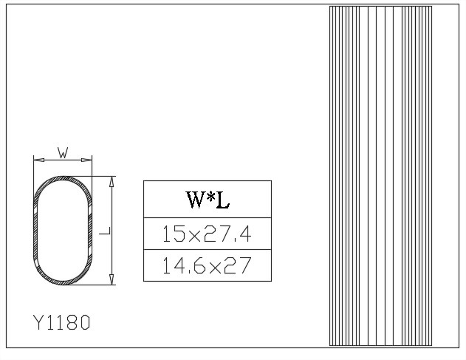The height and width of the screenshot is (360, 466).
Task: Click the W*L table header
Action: (x=208, y=200)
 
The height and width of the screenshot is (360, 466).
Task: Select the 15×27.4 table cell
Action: (x=208, y=234)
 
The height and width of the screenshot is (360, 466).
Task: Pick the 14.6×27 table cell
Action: (x=208, y=265)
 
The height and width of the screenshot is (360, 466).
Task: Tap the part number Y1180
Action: (x=62, y=322)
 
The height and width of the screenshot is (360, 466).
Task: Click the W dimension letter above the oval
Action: (x=63, y=152)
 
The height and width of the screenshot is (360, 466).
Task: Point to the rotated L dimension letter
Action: (x=105, y=231)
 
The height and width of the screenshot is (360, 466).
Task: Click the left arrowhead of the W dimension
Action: (x=39, y=160)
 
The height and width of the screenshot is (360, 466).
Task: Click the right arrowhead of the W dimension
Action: (x=86, y=160)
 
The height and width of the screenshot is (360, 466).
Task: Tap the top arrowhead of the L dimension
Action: (x=112, y=182)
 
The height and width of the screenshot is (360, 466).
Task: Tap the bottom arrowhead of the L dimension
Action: (x=112, y=279)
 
